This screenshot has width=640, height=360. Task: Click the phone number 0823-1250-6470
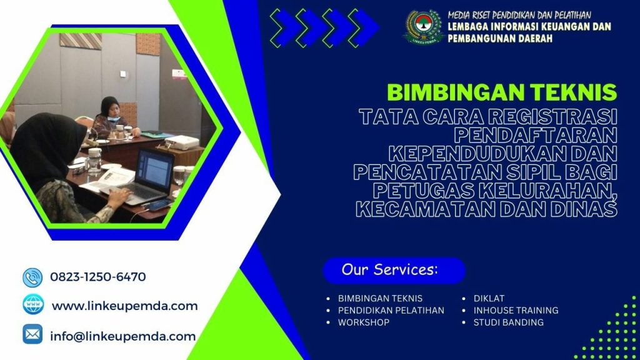click(97, 277)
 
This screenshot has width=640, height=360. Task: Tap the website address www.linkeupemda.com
click(124, 306)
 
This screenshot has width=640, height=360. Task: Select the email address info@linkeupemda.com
click(122, 336)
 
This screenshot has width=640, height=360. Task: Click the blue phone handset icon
click(32, 277)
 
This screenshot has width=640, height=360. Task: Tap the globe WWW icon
click(33, 305)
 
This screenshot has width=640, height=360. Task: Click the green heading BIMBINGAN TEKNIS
click(502, 92)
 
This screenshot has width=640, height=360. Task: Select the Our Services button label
click(389, 270)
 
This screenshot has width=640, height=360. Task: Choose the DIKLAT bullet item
click(489, 298)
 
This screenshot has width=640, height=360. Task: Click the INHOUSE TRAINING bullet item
click(516, 310)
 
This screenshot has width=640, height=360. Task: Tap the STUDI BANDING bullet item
click(508, 322)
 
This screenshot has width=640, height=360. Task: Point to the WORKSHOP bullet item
click(363, 322)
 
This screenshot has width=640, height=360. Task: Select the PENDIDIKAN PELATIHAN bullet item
click(391, 310)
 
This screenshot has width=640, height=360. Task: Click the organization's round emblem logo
click(423, 26)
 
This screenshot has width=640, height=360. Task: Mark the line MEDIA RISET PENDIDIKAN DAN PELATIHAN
click(519, 15)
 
